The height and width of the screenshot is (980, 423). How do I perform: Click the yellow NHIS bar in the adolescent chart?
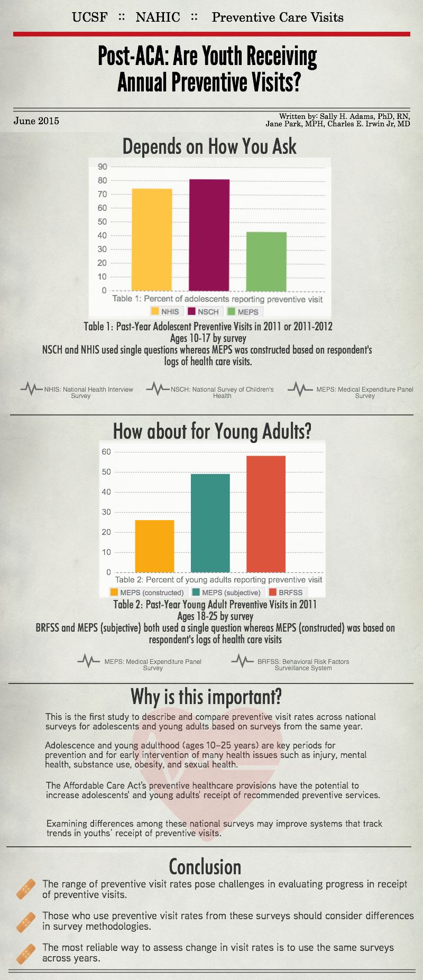[x=152, y=239]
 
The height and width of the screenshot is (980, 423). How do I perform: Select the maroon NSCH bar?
[x=209, y=235]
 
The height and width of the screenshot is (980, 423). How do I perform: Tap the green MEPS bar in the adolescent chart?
[x=266, y=262]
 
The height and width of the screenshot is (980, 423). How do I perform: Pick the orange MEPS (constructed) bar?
[x=154, y=546]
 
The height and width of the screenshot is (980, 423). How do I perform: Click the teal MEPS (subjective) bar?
[x=210, y=523]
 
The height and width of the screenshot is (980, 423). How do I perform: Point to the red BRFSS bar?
[x=266, y=514]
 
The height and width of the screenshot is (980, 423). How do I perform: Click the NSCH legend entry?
[x=203, y=312]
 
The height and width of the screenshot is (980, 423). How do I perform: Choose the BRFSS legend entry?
[x=287, y=593]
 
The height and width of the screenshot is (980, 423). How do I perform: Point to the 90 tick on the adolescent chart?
[x=102, y=167]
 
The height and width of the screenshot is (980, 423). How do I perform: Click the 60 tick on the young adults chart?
[x=106, y=451]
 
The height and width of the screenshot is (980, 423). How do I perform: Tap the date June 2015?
[x=36, y=121]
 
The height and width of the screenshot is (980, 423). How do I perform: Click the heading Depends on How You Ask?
[x=209, y=146]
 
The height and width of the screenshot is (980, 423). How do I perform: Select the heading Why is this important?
[x=206, y=697]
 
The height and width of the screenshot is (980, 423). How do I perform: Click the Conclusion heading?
[x=205, y=867]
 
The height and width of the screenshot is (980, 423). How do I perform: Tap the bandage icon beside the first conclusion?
[x=26, y=889]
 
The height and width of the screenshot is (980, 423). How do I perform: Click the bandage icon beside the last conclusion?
[x=26, y=954]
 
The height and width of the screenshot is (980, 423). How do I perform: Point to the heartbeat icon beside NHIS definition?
[x=31, y=390]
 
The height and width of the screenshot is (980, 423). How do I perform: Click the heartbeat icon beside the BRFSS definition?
[x=242, y=661]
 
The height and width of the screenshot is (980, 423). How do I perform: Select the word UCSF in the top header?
[x=90, y=17]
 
